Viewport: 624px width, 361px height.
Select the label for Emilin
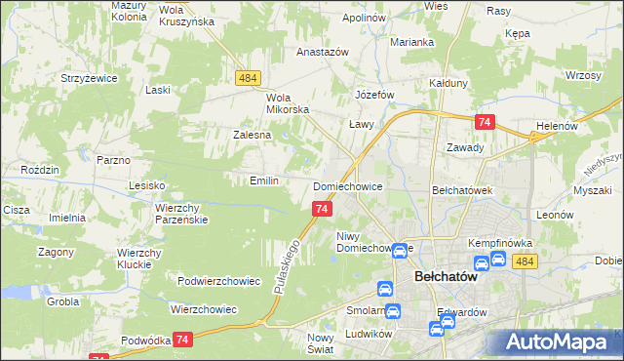point(264,180)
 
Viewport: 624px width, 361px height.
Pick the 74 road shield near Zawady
point(484,122)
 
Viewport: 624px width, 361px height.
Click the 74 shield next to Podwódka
point(182,339)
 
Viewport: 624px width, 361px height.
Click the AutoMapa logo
point(557,342)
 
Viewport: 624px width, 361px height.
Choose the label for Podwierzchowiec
point(219,281)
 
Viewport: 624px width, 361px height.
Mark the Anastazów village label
point(323,53)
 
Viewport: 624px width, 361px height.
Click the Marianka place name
point(410,42)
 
